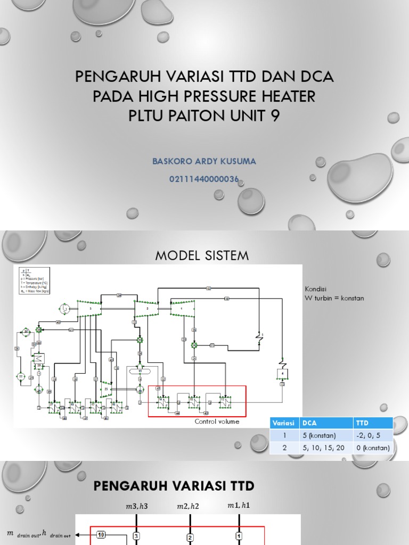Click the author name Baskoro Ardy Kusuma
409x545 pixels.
204,161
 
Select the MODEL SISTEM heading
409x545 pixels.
202,255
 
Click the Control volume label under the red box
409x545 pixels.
217,421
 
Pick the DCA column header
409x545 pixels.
310,423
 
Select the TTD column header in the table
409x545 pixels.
362,423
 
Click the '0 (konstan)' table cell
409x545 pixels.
372,448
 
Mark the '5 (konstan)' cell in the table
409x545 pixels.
320,435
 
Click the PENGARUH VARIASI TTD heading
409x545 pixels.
174,485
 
